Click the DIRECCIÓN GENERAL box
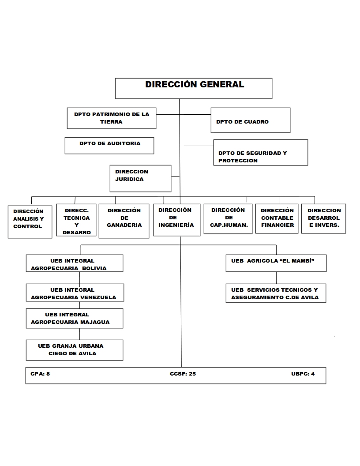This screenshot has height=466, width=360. [194, 88]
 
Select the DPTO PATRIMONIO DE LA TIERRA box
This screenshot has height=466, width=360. [112, 118]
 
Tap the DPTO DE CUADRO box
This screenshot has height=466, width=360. [250, 120]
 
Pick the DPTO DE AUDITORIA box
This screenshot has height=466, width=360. [109, 145]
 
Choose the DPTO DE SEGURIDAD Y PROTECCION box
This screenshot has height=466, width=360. [260, 152]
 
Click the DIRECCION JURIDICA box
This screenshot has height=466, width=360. [140, 178]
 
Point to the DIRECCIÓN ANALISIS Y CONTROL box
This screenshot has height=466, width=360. [30, 221]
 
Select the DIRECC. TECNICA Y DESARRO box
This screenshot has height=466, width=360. [76, 220]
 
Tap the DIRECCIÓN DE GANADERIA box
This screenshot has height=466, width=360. [124, 221]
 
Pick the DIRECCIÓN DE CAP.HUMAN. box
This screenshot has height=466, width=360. [228, 218]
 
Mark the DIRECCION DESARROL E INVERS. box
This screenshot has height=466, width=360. [324, 218]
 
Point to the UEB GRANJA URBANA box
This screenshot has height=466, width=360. [74, 350]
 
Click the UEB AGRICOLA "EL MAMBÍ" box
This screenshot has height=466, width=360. [276, 263]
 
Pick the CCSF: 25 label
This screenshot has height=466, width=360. [183, 374]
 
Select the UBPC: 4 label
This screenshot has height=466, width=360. [303, 374]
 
